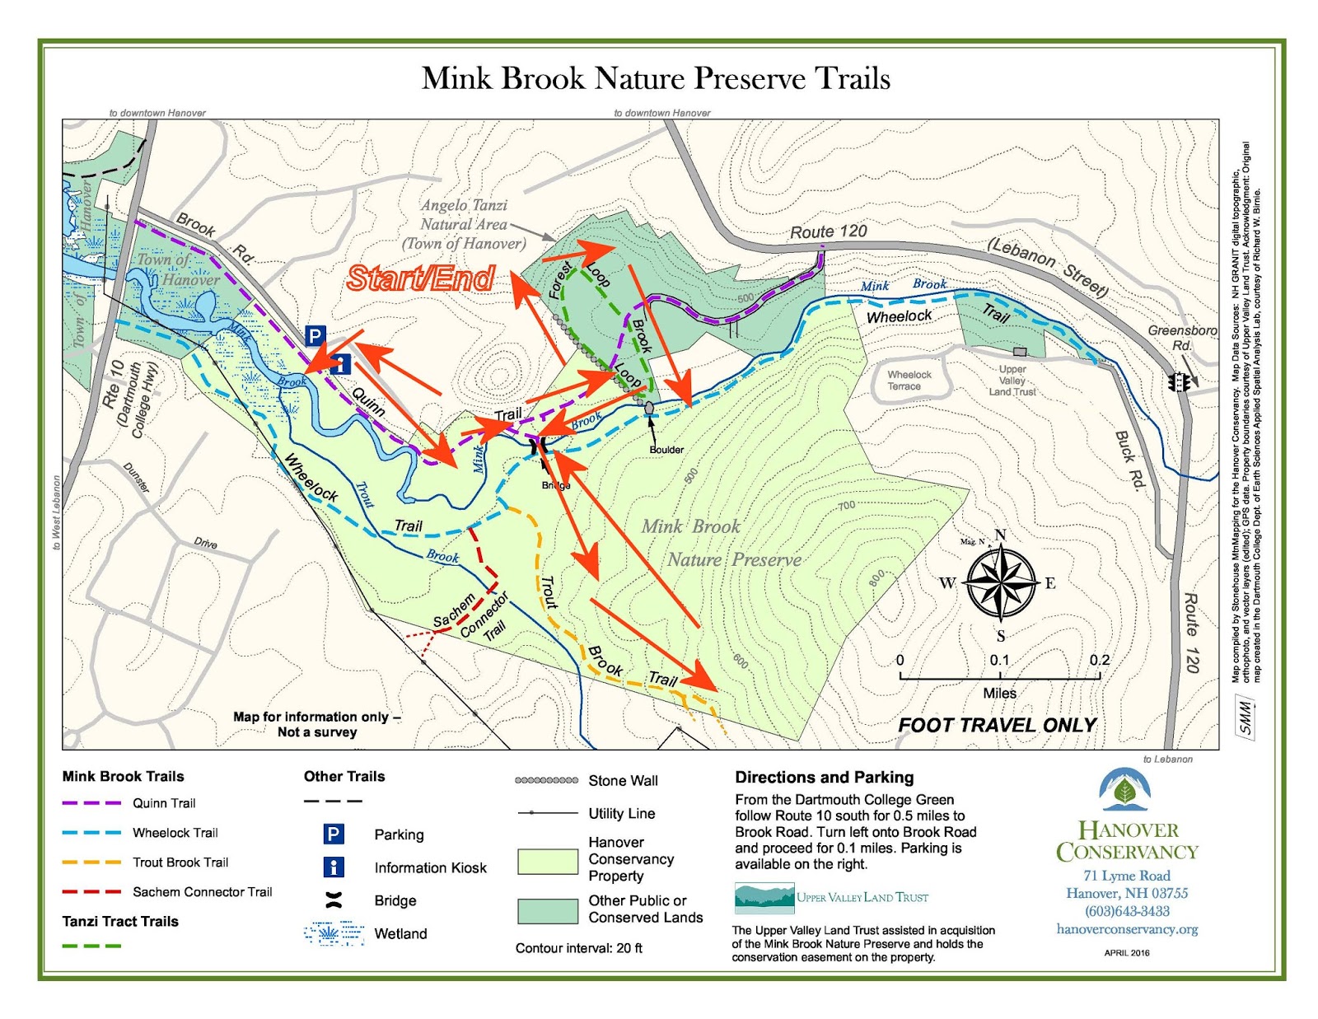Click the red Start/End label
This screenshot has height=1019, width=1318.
(x=420, y=278)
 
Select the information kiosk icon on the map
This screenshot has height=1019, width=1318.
(x=340, y=363)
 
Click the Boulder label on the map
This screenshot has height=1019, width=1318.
(x=666, y=450)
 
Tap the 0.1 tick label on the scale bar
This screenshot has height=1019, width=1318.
(x=999, y=660)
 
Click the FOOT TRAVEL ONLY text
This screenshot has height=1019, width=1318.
(x=997, y=725)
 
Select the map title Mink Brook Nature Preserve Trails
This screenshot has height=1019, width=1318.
(x=656, y=78)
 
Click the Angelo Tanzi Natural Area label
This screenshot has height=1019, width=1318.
(x=464, y=224)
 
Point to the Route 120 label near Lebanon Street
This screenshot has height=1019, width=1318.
(x=828, y=231)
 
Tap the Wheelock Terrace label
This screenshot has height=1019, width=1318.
(x=909, y=380)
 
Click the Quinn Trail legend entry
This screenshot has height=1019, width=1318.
(x=164, y=803)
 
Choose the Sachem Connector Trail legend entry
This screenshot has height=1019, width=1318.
(x=202, y=891)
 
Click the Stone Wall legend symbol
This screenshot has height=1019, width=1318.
(x=546, y=780)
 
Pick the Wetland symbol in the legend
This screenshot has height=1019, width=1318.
(x=334, y=933)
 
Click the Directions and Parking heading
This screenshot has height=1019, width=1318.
(x=824, y=777)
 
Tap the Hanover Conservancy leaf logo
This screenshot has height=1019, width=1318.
(x=1125, y=790)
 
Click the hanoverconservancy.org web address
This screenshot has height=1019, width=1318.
(x=1127, y=929)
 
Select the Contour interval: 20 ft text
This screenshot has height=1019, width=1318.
(x=578, y=948)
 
